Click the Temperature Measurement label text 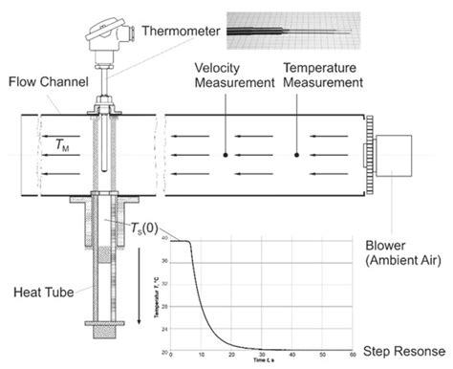[x=322, y=76]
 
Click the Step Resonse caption [x=400, y=353]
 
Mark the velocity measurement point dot [x=226, y=153]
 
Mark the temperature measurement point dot [x=297, y=153]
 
